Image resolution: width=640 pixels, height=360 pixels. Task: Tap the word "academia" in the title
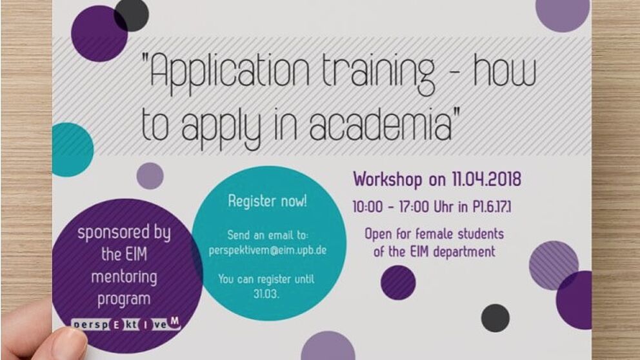point(381,123)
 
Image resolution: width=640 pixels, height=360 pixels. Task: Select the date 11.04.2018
point(486,179)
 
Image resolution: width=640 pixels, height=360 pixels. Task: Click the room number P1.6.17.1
point(492,207)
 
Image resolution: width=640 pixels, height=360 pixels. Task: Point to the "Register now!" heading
point(267,201)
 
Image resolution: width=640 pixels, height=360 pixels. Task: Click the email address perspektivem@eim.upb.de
point(268,250)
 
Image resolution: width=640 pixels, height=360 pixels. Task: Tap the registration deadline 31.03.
point(266,294)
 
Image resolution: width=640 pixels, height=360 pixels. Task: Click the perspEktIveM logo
point(126,324)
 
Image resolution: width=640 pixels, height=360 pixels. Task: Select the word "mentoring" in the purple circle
point(124,277)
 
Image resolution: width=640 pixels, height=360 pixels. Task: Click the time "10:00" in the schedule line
point(368,207)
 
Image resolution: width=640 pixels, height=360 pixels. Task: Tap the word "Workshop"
point(388,179)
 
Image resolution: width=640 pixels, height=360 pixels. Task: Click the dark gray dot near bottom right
point(495,318)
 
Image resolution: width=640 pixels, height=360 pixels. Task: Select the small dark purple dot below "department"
point(398,283)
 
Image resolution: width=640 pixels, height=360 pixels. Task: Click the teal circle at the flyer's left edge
point(72,150)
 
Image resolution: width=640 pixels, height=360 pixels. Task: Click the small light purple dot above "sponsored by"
point(150,176)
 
